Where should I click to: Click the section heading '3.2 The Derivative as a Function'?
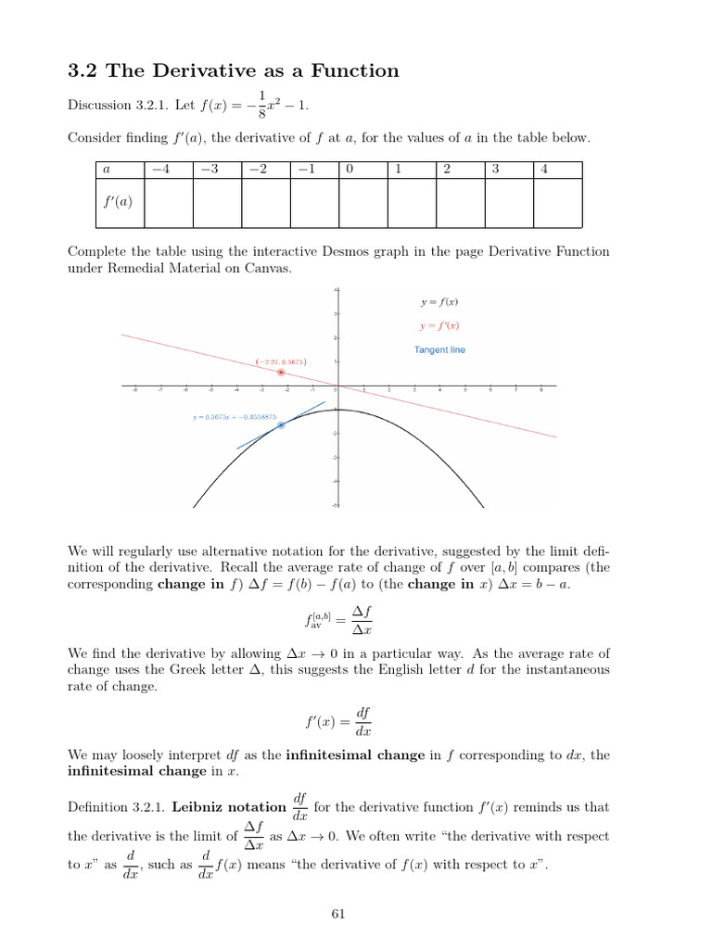pos(234,70)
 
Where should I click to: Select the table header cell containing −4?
pos(168,171)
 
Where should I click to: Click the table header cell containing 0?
pos(362,171)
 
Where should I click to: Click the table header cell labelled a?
pos(118,171)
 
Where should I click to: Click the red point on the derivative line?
pos(281,372)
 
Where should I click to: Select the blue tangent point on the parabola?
pos(281,424)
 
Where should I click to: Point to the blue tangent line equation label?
pos(235,417)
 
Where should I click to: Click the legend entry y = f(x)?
pos(439,302)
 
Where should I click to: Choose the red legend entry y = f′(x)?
pos(439,326)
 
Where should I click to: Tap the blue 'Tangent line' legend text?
pos(439,350)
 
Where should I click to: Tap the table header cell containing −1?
pos(313,171)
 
